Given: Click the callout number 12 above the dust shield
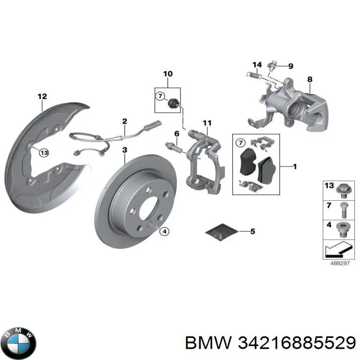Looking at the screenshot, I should click(x=42, y=96).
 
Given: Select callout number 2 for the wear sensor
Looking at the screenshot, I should click(x=125, y=121).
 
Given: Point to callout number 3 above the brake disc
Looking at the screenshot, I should click(x=125, y=149).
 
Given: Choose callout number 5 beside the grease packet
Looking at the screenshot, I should click(x=252, y=232).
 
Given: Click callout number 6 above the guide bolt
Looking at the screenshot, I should click(x=177, y=134).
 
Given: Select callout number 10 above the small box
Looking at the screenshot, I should click(x=167, y=73).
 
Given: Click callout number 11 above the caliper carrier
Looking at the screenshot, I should click(x=207, y=123).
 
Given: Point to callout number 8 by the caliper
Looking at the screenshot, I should click(x=310, y=80).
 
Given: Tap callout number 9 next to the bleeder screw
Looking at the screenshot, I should click(x=290, y=66).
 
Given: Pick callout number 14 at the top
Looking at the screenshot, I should click(x=256, y=64).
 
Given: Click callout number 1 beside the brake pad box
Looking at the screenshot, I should click(x=295, y=167).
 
